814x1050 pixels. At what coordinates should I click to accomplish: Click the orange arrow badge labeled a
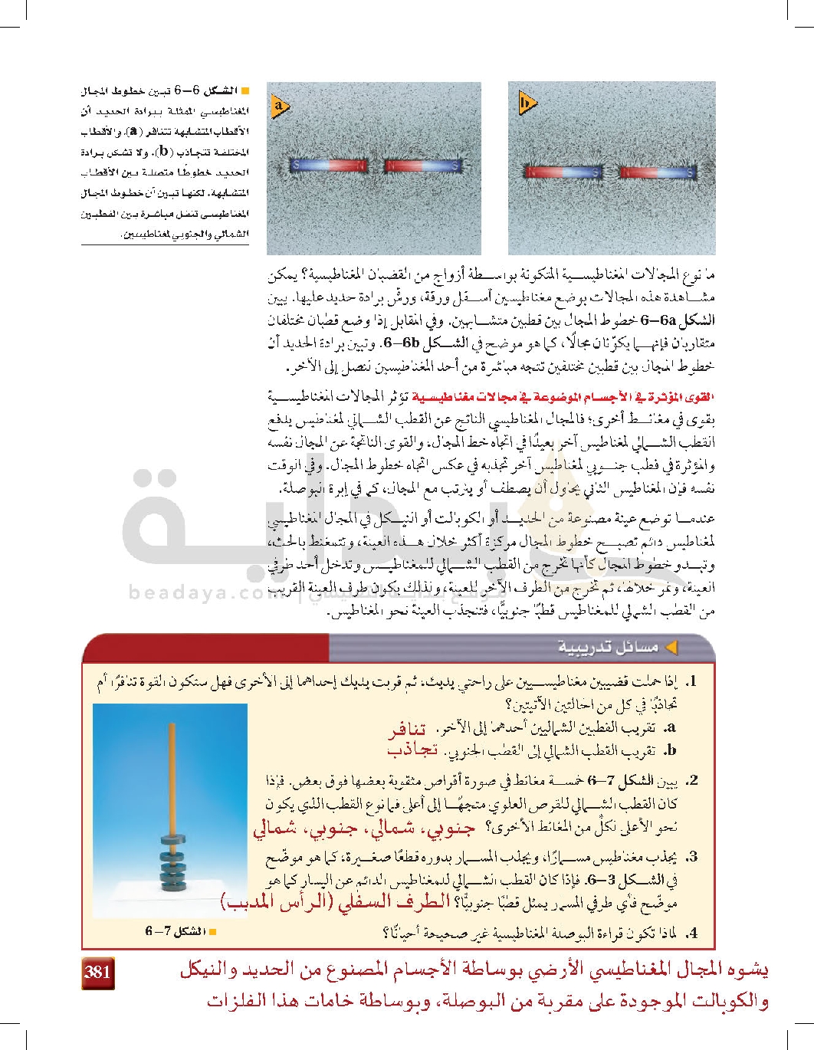(x=280, y=105)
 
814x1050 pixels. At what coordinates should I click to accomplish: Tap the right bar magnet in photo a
(x=422, y=165)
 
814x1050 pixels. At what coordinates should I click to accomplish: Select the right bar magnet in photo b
(x=658, y=172)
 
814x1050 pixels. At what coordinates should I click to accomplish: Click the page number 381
(x=98, y=972)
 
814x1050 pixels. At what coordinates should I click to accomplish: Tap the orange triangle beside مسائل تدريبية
(x=671, y=648)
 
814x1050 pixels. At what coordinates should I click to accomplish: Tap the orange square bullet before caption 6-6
(x=245, y=91)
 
